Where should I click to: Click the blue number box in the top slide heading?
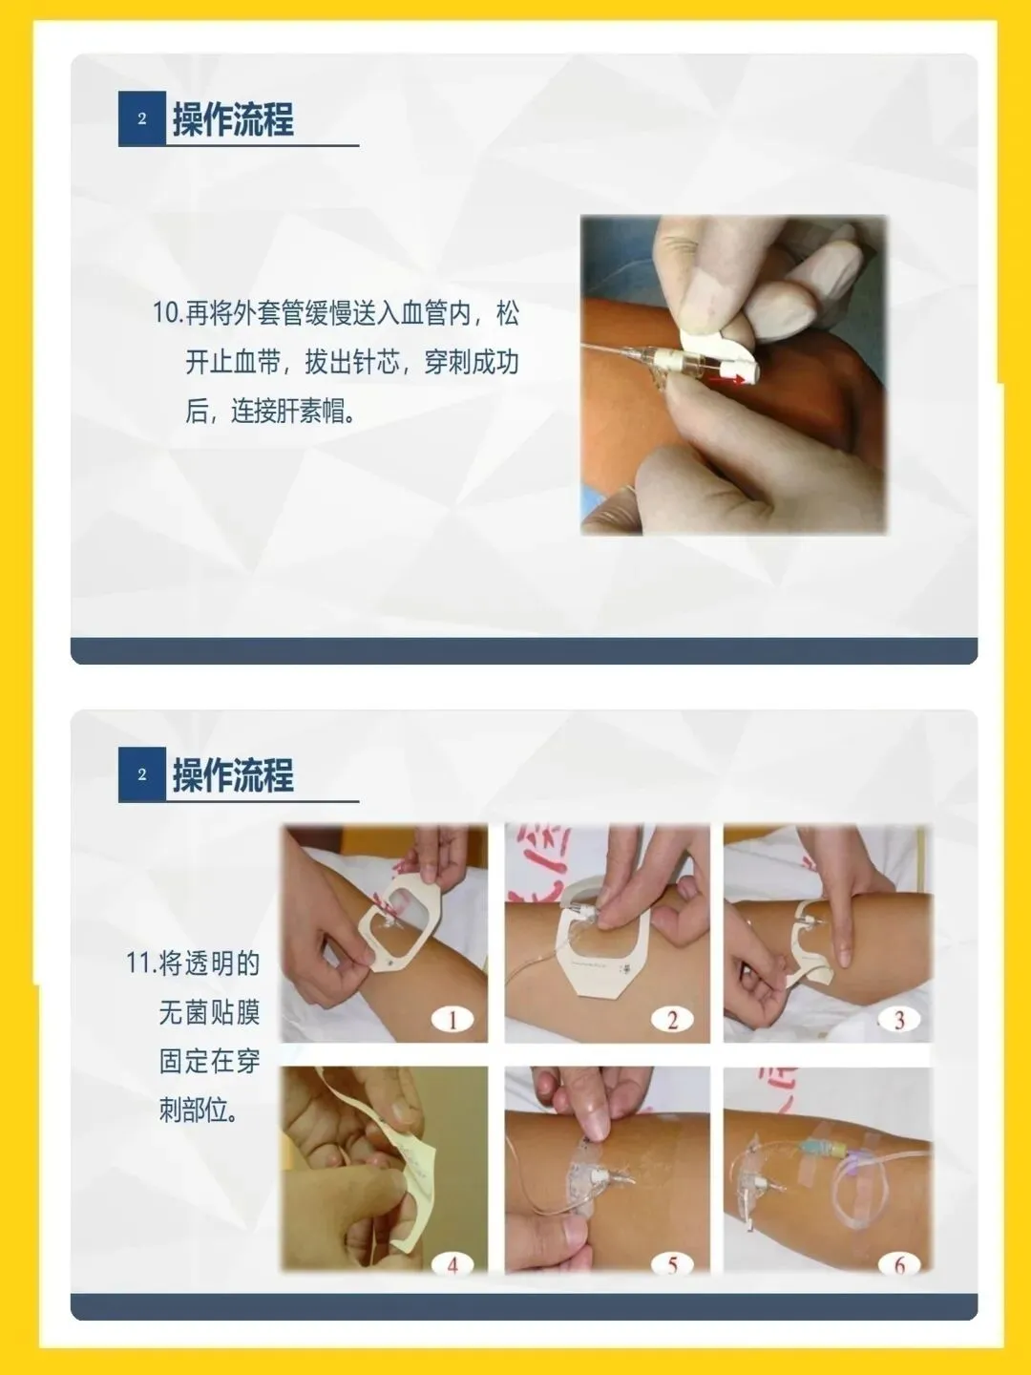click(142, 118)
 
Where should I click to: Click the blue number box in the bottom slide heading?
click(142, 774)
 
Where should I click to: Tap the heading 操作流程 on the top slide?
click(233, 119)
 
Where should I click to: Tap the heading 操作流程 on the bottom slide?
click(233, 775)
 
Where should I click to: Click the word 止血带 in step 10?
click(245, 363)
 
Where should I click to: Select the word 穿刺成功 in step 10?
click(472, 363)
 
